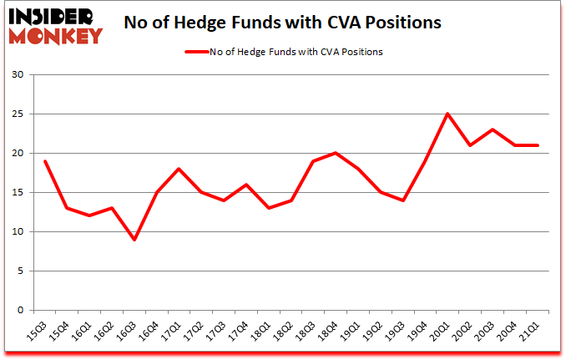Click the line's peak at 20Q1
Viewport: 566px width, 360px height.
(x=448, y=114)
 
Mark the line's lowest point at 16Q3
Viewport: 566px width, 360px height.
(x=134, y=240)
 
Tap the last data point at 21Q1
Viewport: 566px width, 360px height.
(x=538, y=145)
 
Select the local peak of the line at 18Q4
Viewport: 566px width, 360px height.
(x=336, y=153)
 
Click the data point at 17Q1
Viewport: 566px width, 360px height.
(x=179, y=169)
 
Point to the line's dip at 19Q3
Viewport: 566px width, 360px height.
(x=403, y=200)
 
